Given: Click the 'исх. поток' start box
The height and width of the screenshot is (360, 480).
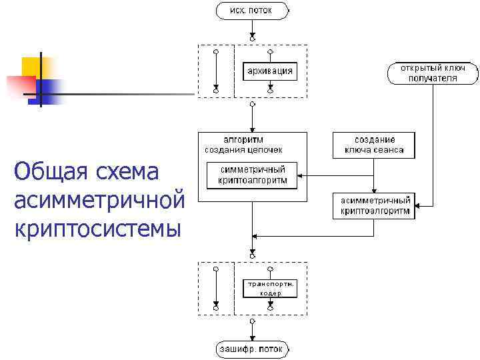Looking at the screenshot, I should coord(252,11).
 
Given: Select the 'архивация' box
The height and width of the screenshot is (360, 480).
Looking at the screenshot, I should coord(269,71).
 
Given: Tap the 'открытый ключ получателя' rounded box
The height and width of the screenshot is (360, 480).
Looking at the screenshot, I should coord(432,73).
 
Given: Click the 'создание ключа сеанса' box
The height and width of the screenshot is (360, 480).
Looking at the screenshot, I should coord(373,145).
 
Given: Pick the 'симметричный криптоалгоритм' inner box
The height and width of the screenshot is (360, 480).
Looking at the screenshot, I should coord(252,175).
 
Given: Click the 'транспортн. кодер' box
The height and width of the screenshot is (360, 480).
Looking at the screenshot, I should coord(270,288).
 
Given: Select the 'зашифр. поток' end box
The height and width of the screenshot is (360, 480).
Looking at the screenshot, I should coord(252,349).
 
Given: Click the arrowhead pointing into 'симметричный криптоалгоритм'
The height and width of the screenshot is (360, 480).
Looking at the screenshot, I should coord(301,175).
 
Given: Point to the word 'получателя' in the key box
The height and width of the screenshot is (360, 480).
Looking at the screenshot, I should coord(432,78).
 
